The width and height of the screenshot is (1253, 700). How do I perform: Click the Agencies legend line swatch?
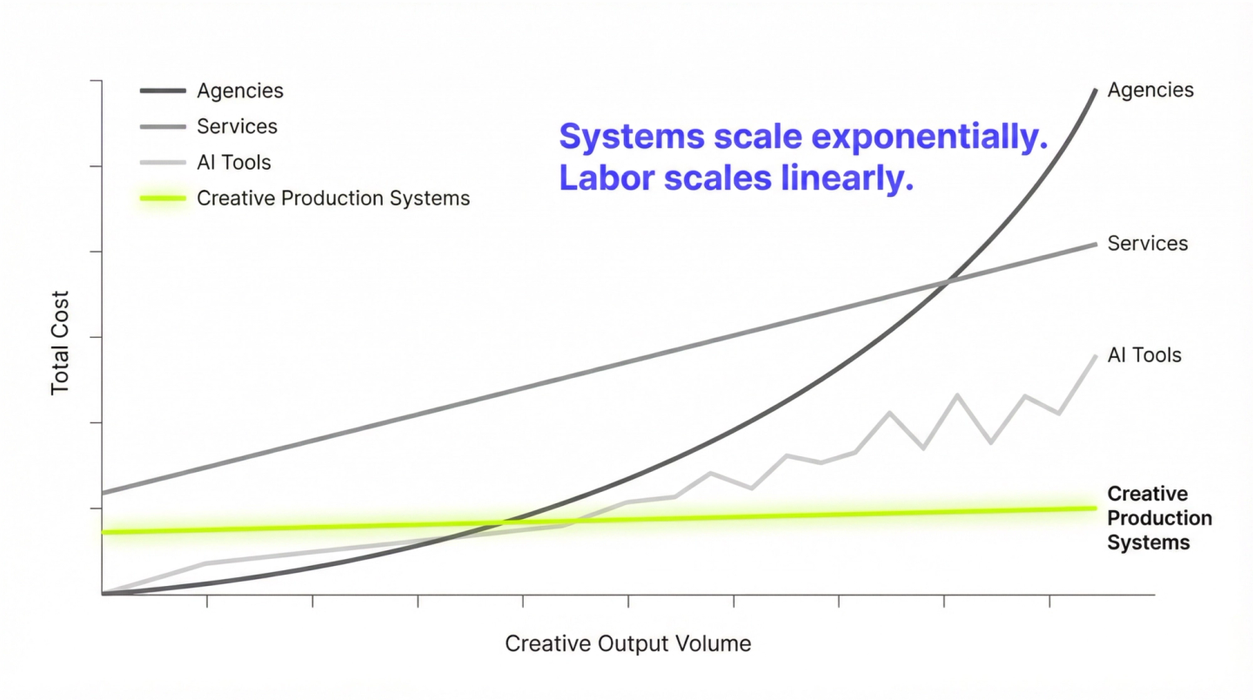(x=163, y=91)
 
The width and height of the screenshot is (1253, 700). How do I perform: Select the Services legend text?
(x=238, y=126)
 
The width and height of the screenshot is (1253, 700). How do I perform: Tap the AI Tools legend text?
(x=234, y=162)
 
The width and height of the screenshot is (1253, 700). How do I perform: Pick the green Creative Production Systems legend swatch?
(x=163, y=199)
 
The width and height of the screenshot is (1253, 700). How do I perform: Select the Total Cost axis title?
(x=60, y=342)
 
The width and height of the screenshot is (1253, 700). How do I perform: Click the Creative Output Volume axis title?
(x=627, y=643)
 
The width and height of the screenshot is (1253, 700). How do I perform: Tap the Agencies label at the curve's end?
(x=1150, y=90)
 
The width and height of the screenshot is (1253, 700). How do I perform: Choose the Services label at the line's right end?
(x=1148, y=244)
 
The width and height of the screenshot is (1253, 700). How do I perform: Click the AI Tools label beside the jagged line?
(x=1144, y=355)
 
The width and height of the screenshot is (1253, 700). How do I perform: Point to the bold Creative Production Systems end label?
(x=1160, y=518)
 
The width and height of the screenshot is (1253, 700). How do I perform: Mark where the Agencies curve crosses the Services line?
(x=945, y=283)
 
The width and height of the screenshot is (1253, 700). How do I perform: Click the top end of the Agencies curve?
(x=1096, y=90)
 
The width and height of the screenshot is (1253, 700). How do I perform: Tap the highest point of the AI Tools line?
(x=1096, y=356)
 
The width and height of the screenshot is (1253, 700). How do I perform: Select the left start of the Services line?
(x=103, y=493)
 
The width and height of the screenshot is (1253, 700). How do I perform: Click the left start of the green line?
(x=103, y=532)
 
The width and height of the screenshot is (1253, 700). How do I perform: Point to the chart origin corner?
(x=102, y=595)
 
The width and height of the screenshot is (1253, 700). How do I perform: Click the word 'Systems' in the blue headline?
(x=632, y=136)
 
